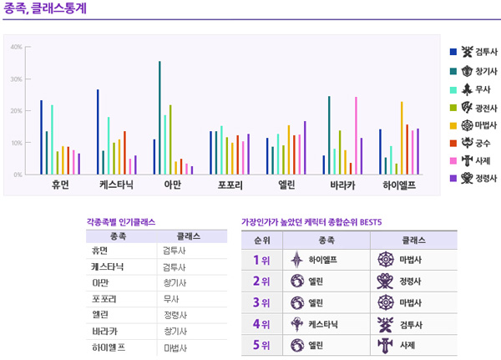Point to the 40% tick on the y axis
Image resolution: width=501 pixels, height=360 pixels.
click(x=17, y=47)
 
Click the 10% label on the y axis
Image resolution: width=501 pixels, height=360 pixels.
click(x=17, y=143)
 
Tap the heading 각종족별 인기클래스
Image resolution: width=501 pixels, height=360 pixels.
click(x=120, y=222)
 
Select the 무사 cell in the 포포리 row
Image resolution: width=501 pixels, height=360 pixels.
click(x=171, y=298)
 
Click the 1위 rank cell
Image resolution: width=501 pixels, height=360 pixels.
click(x=261, y=260)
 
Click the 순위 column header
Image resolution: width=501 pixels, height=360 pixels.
click(x=261, y=238)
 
